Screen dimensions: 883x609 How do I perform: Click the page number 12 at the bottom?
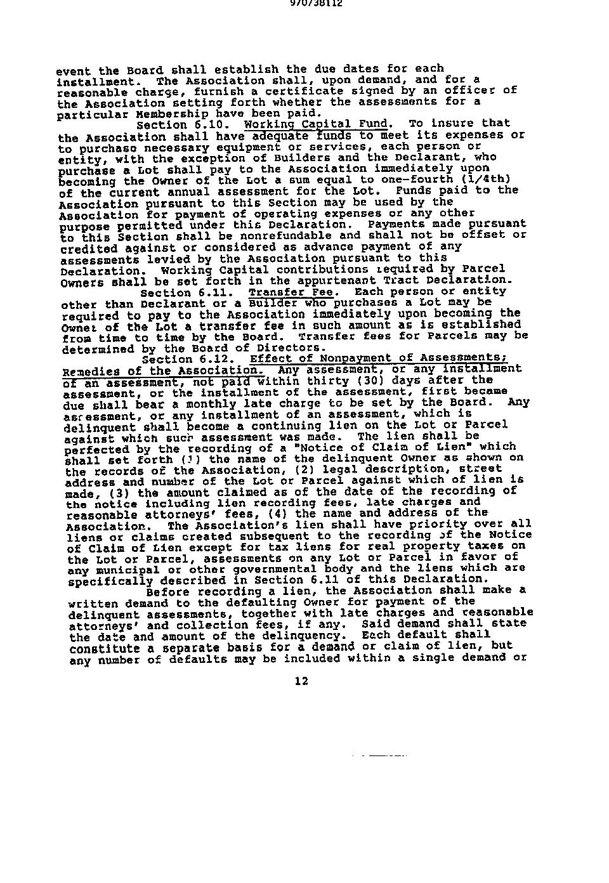[x=301, y=681]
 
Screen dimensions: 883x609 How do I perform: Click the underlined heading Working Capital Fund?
[x=315, y=124]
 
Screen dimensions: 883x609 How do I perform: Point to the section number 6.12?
[x=216, y=359]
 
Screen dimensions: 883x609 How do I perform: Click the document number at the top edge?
[x=306, y=3]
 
